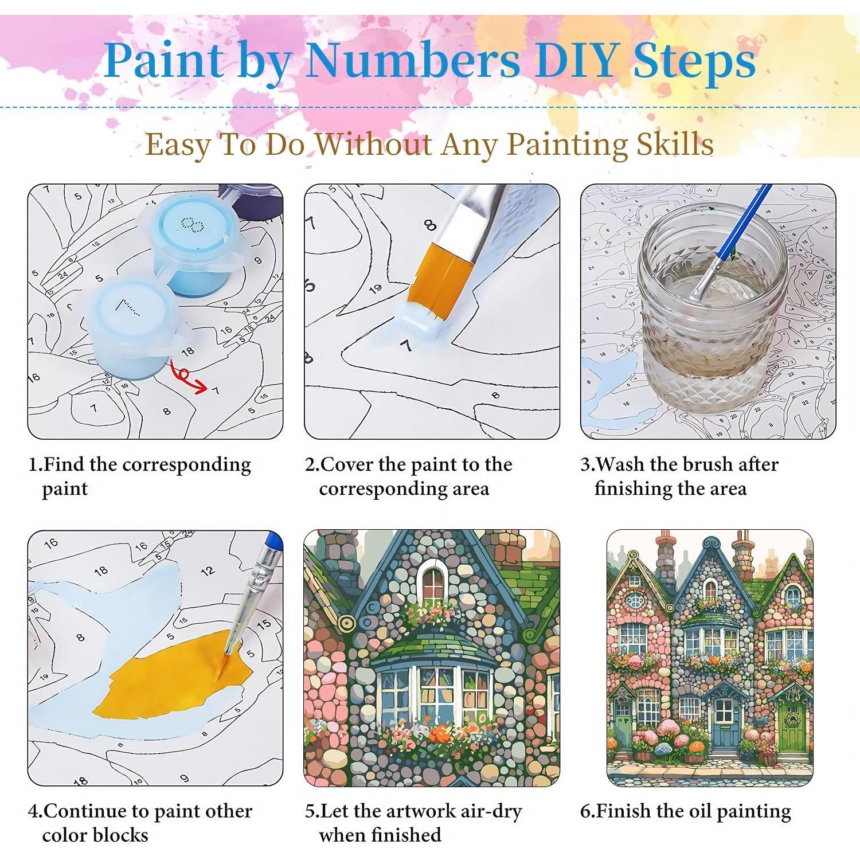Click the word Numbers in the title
(412, 60)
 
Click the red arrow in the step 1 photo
(189, 378)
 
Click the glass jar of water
(711, 310)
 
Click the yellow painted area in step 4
(172, 677)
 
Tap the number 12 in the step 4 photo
(208, 570)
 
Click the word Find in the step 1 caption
(64, 464)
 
